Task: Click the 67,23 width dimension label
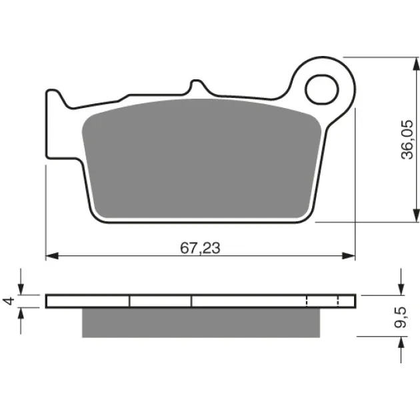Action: pyautogui.click(x=200, y=248)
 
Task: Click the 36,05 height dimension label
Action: pyautogui.click(x=407, y=140)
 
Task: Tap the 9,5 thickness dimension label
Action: pyautogui.click(x=401, y=317)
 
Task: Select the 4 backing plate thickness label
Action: pyautogui.click(x=9, y=301)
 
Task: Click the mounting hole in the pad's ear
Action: pyautogui.click(x=322, y=89)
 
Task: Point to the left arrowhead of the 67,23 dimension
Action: pyautogui.click(x=52, y=256)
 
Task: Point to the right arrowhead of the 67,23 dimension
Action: pyautogui.click(x=349, y=256)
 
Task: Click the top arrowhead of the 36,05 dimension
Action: pyautogui.click(x=416, y=64)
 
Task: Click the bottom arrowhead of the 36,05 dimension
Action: pyautogui.click(x=416, y=215)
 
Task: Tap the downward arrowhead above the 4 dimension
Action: pyautogui.click(x=21, y=289)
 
